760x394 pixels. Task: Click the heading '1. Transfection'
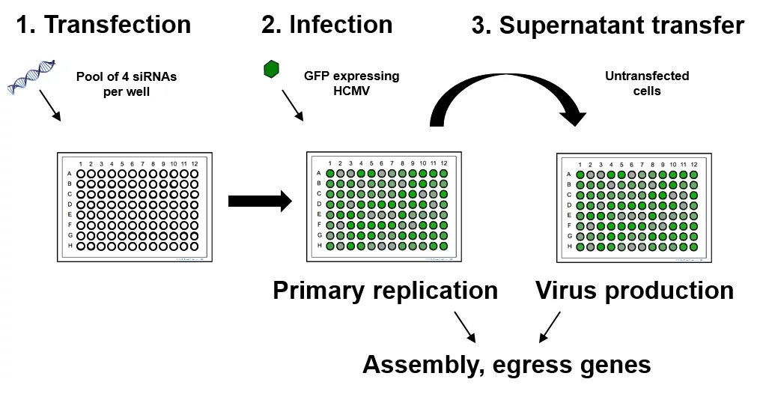pyautogui.click(x=103, y=25)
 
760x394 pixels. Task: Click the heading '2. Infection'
pyautogui.click(x=326, y=25)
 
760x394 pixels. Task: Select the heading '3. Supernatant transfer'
pyautogui.click(x=607, y=26)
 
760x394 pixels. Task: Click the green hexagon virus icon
pyautogui.click(x=271, y=70)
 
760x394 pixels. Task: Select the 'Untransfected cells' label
pyautogui.click(x=646, y=82)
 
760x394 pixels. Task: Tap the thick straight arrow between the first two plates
pyautogui.click(x=259, y=201)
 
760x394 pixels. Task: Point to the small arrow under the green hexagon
pyautogui.click(x=293, y=106)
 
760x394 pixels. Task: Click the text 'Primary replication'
pyautogui.click(x=385, y=291)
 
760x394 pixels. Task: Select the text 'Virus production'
pyautogui.click(x=634, y=291)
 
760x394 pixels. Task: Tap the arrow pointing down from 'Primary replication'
pyautogui.click(x=465, y=327)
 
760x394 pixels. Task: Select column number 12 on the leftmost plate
pyautogui.click(x=194, y=164)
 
